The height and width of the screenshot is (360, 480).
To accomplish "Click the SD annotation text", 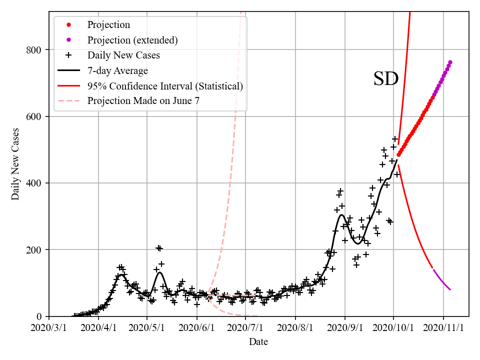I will pos(385,79).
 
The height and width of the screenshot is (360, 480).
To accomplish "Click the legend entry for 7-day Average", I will pos(117,70).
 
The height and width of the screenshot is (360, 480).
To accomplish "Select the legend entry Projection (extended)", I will pos(132,40).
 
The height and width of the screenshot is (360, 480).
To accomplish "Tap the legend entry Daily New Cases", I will pos(123,55).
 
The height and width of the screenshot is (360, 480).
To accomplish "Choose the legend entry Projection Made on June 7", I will pos(143,101).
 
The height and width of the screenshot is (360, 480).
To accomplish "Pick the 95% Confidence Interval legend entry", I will pos(165,86).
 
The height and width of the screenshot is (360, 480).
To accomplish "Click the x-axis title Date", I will pos(258,342).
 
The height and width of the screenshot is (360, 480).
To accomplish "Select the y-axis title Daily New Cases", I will pos(15,164).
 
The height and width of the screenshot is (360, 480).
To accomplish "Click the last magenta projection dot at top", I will pos(450,62).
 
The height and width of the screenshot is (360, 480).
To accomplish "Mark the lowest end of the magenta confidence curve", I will pos(450,289).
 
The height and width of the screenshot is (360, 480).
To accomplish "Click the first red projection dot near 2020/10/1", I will pos(398,154).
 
